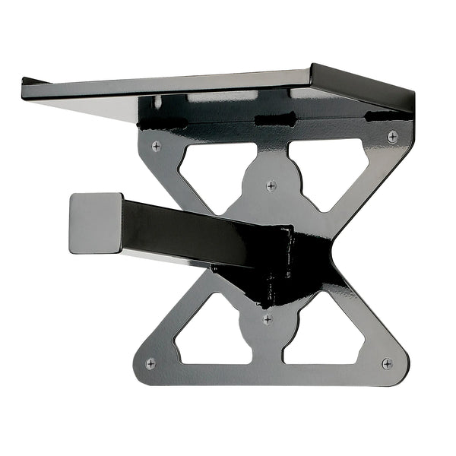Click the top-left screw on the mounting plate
click(x=156, y=145)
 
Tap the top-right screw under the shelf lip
click(x=392, y=136)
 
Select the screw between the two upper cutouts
click(x=271, y=185)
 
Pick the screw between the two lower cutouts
click(x=267, y=319)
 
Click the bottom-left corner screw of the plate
click(x=150, y=363)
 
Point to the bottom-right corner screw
click(x=387, y=363)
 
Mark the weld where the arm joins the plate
click(x=285, y=262)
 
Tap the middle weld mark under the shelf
click(x=274, y=119)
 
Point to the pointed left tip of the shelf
click(x=26, y=81)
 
